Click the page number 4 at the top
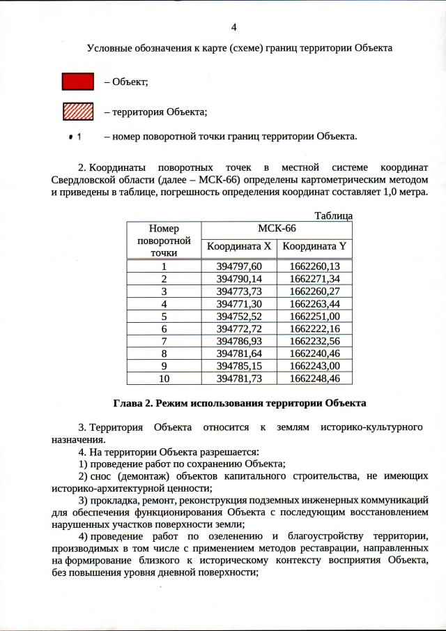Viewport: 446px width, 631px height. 233,27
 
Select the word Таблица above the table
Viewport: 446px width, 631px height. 333,216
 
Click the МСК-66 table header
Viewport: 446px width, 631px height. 277,229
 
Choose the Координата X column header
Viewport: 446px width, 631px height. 239,246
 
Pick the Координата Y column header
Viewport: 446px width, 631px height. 314,246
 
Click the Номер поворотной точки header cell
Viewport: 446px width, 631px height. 164,241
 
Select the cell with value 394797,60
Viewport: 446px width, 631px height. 239,266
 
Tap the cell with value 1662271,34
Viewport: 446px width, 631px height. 314,278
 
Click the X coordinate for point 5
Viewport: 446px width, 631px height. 239,316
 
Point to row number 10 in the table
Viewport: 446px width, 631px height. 164,378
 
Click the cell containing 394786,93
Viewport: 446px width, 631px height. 239,341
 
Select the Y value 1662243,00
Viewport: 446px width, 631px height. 314,365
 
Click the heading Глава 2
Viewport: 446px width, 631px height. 238,403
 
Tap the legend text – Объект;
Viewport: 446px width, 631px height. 126,82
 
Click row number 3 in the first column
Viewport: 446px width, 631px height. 164,291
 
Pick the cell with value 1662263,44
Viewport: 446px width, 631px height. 314,303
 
